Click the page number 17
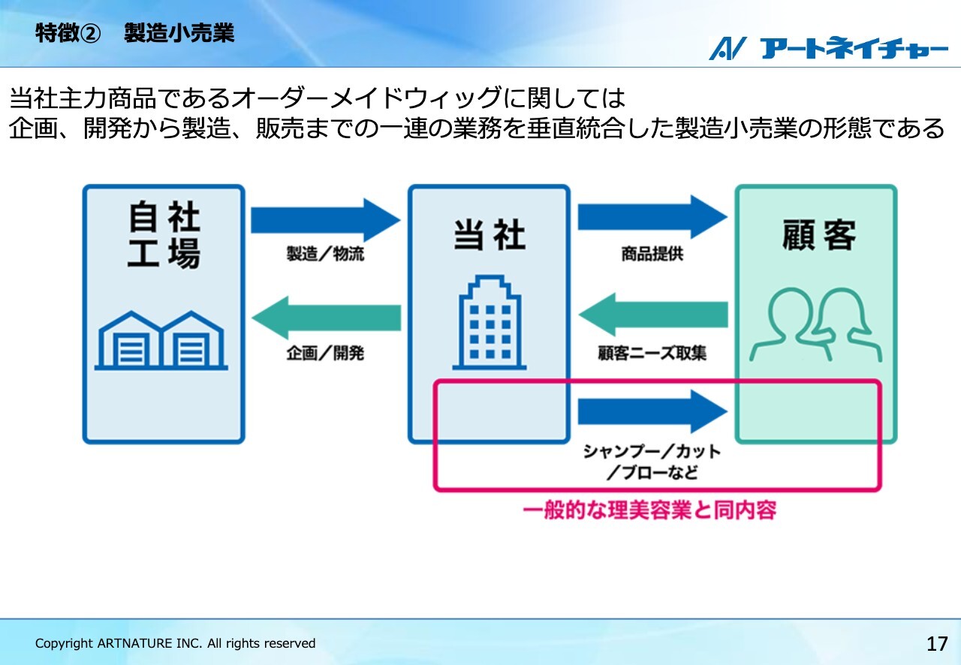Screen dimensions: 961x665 pyautogui.click(x=937, y=643)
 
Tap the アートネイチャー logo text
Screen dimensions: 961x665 pyautogui.click(x=854, y=48)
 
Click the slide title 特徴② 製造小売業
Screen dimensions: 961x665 pyautogui.click(x=134, y=33)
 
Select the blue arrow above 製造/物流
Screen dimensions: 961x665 pyautogui.click(x=326, y=220)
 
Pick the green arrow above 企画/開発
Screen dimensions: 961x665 pyautogui.click(x=326, y=318)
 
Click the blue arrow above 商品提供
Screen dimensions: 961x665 pyautogui.click(x=652, y=217)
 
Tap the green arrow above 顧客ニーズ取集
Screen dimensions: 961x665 pyautogui.click(x=653, y=314)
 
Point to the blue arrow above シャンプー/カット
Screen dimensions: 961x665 pyautogui.click(x=652, y=411)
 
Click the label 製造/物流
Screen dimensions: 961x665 pyautogui.click(x=325, y=254)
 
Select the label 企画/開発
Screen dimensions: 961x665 pyautogui.click(x=325, y=353)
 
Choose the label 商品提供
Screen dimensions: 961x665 pyautogui.click(x=652, y=254)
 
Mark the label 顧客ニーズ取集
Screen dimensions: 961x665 pyautogui.click(x=652, y=353)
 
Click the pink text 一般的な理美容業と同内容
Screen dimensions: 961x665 pyautogui.click(x=649, y=510)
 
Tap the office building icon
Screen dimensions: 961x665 pyautogui.click(x=490, y=322)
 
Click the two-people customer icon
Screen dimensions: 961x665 pyautogui.click(x=815, y=324)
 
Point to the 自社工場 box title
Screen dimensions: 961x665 pyautogui.click(x=164, y=234)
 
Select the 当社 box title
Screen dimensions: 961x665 pyautogui.click(x=490, y=235)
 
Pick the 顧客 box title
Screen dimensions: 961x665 pyautogui.click(x=819, y=235)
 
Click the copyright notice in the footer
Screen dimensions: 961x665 pyautogui.click(x=175, y=643)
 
